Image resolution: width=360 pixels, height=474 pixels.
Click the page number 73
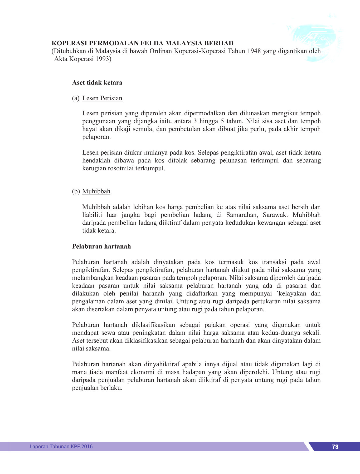[335, 447]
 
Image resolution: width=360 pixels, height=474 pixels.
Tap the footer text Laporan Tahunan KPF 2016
[61, 446]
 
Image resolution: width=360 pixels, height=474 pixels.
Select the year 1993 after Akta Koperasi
[103, 59]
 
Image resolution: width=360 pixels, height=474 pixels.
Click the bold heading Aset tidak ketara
[97, 83]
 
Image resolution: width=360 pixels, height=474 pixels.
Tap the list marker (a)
[76, 98]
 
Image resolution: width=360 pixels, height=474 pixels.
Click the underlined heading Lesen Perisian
[102, 98]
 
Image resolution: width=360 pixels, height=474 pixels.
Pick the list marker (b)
[76, 191]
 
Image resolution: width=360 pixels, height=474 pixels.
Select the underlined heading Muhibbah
[96, 191]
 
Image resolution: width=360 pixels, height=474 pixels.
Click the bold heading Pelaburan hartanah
[101, 246]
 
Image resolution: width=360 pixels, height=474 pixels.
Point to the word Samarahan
[242, 215]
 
